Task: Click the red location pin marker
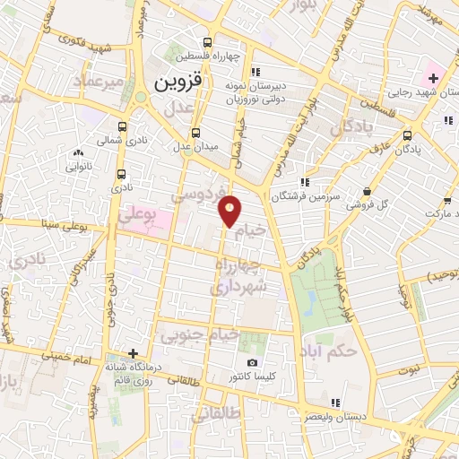pyautogui.click(x=231, y=211)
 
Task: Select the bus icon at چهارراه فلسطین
pyautogui.click(x=208, y=42)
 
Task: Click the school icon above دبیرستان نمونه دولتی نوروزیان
pyautogui.click(x=255, y=73)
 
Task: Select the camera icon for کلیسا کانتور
pyautogui.click(x=252, y=363)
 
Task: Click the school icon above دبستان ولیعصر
pyautogui.click(x=335, y=403)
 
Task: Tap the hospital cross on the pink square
pyautogui.click(x=433, y=78)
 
